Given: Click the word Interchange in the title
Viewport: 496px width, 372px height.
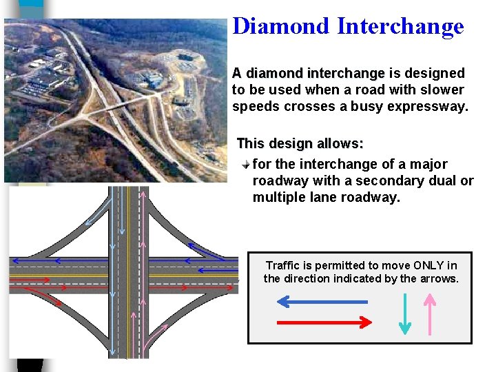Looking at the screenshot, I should coord(400,26).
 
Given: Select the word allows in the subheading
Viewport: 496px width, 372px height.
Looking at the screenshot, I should coord(339,143).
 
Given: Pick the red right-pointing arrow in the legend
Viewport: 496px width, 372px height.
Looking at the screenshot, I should coord(324,322).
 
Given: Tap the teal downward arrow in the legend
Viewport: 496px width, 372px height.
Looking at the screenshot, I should coord(406,314).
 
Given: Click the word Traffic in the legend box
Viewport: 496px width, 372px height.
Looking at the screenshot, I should coord(284,265).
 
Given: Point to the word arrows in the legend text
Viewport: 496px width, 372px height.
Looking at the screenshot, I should coord(441,279).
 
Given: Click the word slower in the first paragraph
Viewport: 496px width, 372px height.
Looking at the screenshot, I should coord(441,90).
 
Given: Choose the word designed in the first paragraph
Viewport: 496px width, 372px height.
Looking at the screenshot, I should coord(434,73).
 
